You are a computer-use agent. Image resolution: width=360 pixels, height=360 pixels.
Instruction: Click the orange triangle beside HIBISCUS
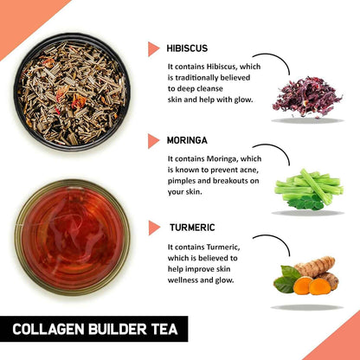tap(154, 48)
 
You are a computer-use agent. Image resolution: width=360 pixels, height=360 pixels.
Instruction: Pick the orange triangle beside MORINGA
tap(154, 140)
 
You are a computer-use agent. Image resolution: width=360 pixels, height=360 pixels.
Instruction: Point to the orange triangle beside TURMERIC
tap(154, 228)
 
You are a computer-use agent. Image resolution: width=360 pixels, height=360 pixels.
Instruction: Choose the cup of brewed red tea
tap(72, 235)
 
